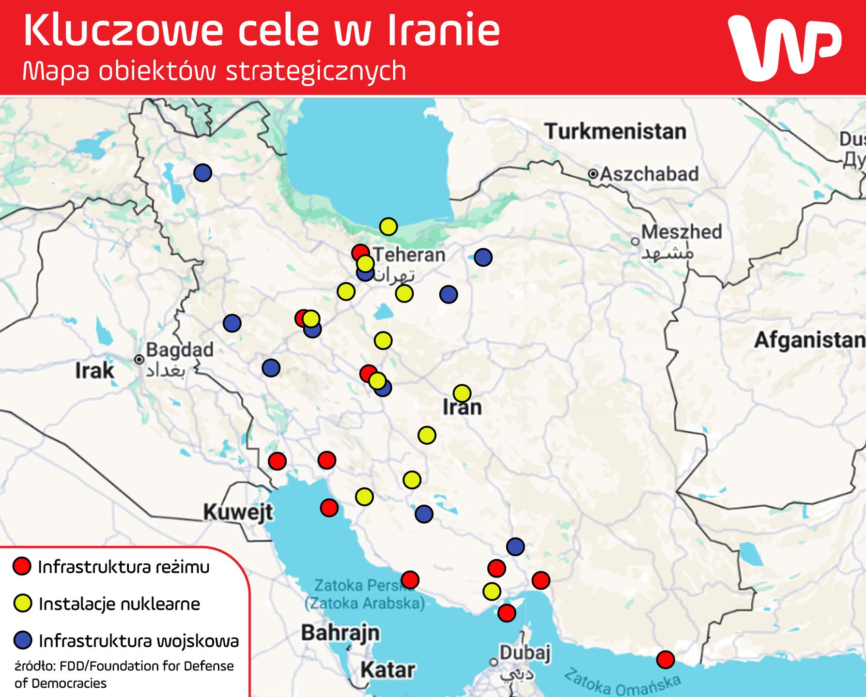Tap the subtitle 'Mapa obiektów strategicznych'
(214, 71)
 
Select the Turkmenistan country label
(615, 131)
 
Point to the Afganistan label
(809, 340)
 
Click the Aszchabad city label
(649, 174)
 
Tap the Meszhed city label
(681, 232)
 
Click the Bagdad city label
(179, 349)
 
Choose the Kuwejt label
(238, 512)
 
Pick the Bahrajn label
(340, 633)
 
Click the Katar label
(387, 670)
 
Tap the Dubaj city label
(525, 652)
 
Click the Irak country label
(94, 371)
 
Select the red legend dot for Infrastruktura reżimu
(22, 566)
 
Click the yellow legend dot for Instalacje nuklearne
(22, 603)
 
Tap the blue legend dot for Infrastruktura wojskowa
(22, 640)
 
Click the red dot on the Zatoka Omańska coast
(665, 659)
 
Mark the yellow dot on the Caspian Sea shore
(388, 226)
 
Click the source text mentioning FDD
(124, 674)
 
